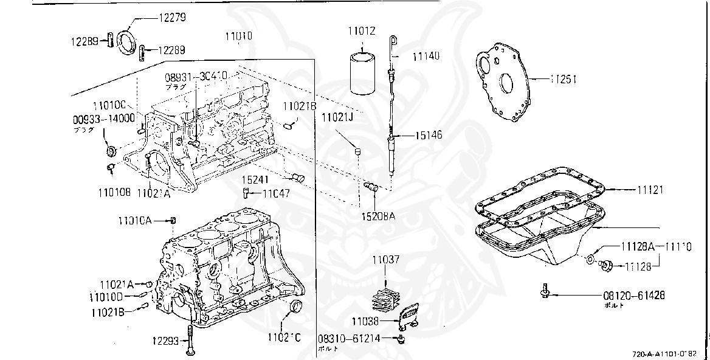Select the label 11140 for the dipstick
[426, 56]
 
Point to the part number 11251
[563, 79]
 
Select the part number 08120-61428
[633, 296]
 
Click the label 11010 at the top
[239, 36]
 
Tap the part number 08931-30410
[196, 77]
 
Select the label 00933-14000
[105, 119]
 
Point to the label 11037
[387, 260]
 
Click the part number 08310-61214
[349, 339]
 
